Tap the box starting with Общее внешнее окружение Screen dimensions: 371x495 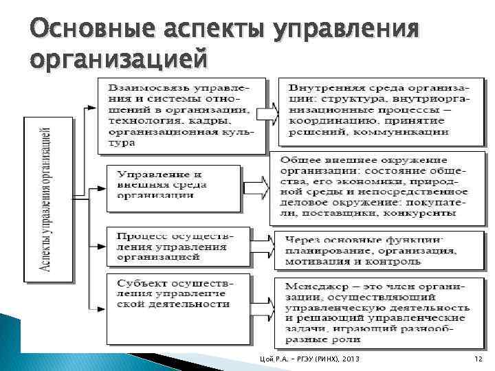[x=375, y=186]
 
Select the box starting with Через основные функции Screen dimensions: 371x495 [x=375, y=251]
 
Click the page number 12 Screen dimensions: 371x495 [x=479, y=361]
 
